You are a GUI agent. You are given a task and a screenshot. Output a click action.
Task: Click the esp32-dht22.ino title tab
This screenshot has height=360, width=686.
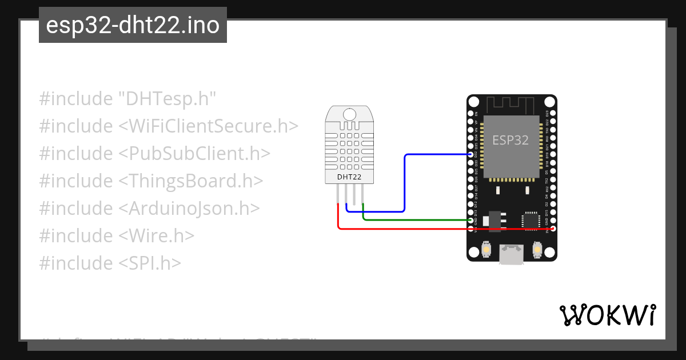[133, 26]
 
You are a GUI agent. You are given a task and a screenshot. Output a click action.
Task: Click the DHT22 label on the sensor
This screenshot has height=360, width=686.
[349, 177]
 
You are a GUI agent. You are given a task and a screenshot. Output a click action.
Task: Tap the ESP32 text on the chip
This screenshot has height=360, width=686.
[511, 140]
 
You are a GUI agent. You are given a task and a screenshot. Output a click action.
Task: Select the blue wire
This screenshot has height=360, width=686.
[405, 183]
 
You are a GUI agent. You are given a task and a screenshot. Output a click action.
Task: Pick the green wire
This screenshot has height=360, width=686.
[417, 219]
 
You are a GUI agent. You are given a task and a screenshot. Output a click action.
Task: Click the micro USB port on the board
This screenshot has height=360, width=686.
[511, 254]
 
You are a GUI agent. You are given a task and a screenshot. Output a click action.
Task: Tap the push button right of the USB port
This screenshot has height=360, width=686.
[537, 250]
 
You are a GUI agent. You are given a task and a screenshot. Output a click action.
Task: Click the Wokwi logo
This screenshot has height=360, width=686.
[607, 315]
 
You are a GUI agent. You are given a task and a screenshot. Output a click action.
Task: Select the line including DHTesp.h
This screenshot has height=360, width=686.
[127, 99]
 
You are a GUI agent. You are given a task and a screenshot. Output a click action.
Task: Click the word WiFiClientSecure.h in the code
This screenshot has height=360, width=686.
[209, 126]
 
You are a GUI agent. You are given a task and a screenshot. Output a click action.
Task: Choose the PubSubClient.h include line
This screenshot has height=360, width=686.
[154, 154]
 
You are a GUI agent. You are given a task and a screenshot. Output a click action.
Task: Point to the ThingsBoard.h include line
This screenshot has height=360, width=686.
[151, 181]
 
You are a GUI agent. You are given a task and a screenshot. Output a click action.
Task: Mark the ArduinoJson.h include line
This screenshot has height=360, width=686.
[149, 209]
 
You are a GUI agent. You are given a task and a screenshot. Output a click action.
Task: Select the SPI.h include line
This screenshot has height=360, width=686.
[110, 263]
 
